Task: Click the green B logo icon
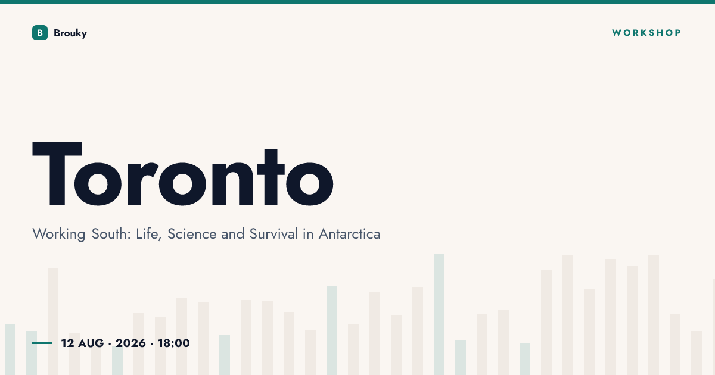click(x=40, y=33)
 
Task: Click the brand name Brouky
click(x=70, y=33)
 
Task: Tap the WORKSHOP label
click(x=646, y=33)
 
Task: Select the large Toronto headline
click(x=183, y=174)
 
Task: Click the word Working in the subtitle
click(x=59, y=235)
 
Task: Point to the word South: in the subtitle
click(x=111, y=234)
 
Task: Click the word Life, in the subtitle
click(x=149, y=234)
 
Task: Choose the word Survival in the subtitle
click(x=273, y=234)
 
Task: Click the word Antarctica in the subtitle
click(x=350, y=234)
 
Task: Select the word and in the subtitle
click(x=233, y=234)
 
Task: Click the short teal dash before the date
click(x=42, y=343)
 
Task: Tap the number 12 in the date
click(x=68, y=343)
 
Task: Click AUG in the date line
click(x=91, y=343)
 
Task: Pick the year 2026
click(x=130, y=343)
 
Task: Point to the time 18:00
click(x=173, y=343)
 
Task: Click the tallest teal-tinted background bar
click(x=439, y=314)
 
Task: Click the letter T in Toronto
click(x=57, y=174)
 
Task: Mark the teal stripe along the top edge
click(x=357, y=2)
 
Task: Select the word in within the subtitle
click(x=309, y=234)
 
